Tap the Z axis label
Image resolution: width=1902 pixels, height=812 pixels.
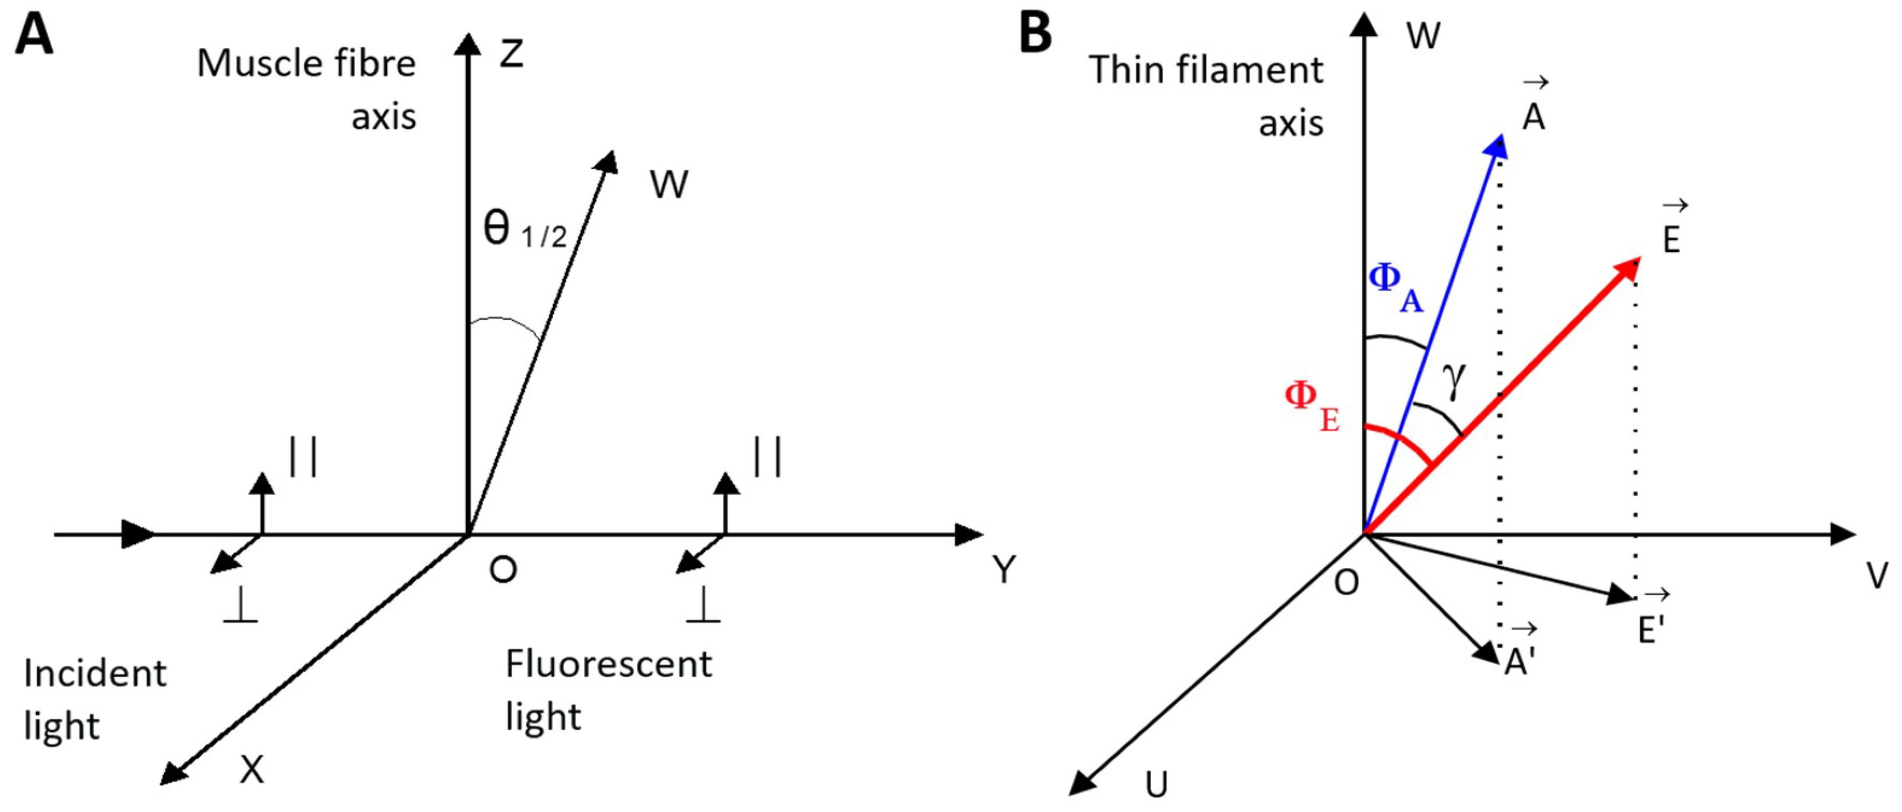pyautogui.click(x=511, y=54)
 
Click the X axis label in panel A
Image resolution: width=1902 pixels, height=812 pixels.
pyautogui.click(x=252, y=769)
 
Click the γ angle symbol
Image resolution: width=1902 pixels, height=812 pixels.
pyautogui.click(x=1454, y=380)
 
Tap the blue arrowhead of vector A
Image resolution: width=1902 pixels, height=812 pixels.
pyautogui.click(x=1496, y=146)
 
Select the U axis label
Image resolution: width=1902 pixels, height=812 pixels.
pyautogui.click(x=1156, y=785)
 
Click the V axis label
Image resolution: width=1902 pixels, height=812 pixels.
pyautogui.click(x=1876, y=575)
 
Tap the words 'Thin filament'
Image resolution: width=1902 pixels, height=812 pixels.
pyautogui.click(x=1206, y=70)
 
